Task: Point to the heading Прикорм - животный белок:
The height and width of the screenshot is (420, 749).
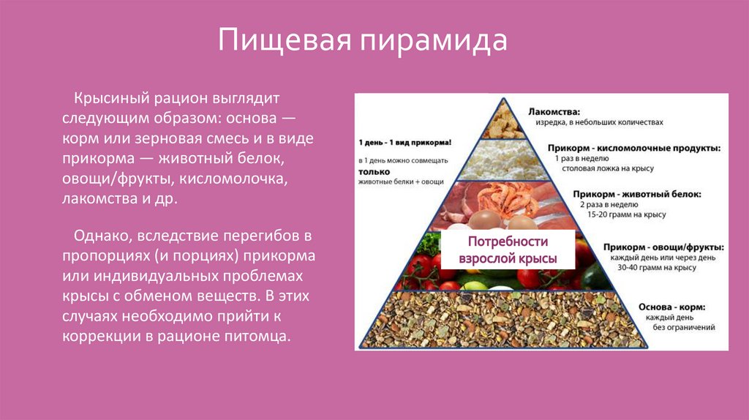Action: pos(637,195)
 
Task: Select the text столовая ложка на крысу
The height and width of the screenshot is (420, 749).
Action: pos(612,168)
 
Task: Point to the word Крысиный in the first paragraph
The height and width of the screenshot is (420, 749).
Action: pos(112,97)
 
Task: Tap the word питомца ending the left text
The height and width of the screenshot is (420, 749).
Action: pos(259,337)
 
